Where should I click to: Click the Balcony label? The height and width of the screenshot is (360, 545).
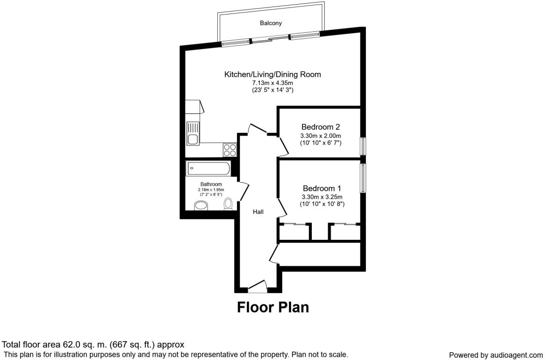click(271, 23)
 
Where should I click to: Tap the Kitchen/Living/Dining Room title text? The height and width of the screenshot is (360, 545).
click(272, 74)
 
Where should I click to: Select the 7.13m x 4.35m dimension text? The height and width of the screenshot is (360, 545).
click(272, 83)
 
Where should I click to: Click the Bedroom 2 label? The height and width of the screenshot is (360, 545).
click(320, 127)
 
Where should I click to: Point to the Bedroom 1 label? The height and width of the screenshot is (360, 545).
click(320, 188)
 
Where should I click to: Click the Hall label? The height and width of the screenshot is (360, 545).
click(258, 212)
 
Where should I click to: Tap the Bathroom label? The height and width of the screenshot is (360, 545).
click(211, 184)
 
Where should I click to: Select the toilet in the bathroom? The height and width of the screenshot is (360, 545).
click(229, 204)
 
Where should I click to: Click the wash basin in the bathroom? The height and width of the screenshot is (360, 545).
click(201, 205)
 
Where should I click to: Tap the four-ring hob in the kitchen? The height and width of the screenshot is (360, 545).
click(229, 150)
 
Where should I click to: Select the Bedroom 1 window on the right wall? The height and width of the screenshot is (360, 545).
click(362, 178)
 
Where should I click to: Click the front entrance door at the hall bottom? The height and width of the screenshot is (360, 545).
click(257, 286)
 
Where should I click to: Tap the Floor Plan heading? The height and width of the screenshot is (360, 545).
click(272, 307)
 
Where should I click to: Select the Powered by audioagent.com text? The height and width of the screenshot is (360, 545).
click(496, 355)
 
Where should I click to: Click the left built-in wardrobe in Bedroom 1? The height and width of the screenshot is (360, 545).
click(294, 232)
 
